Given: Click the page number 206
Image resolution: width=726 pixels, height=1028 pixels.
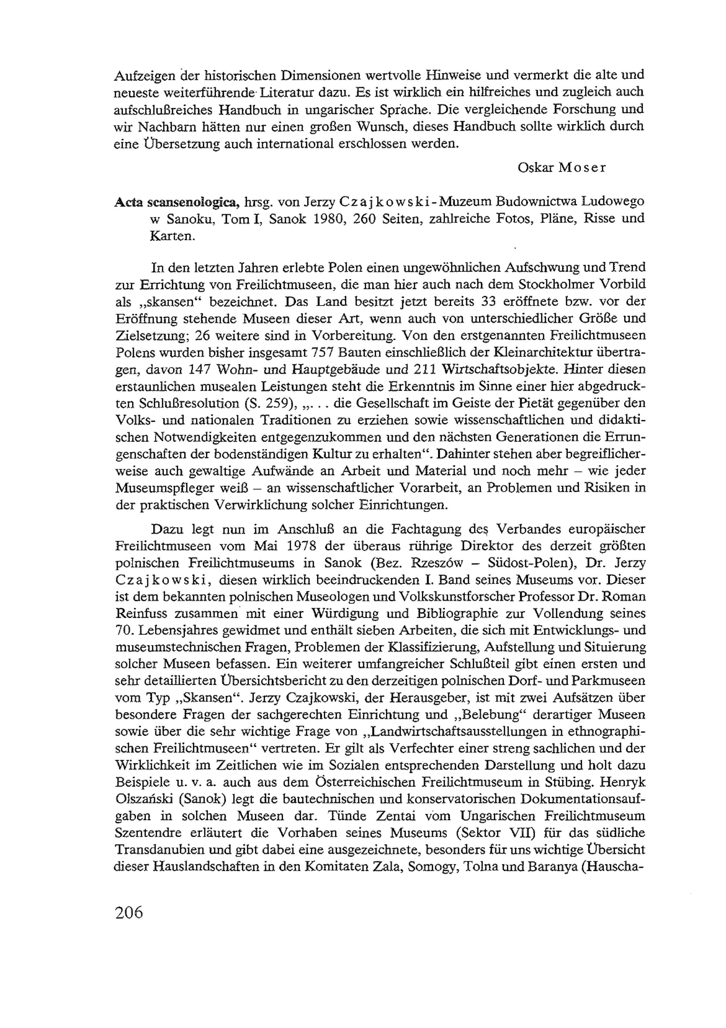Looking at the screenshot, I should coord(129,913).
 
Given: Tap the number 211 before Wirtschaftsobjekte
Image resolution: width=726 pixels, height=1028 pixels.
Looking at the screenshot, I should coord(422,370).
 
